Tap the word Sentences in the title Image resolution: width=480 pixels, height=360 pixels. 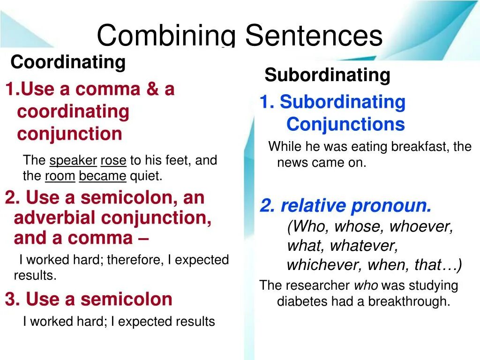tap(314, 36)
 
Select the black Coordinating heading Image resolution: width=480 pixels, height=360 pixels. tap(68, 62)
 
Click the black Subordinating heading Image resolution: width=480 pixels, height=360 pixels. tap(327, 75)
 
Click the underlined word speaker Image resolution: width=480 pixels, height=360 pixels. tap(73, 160)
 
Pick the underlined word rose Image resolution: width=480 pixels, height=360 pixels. tap(113, 160)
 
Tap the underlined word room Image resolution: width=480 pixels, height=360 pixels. tap(60, 176)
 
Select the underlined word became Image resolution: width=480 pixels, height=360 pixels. tap(103, 176)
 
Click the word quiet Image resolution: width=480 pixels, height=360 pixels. tap(146, 176)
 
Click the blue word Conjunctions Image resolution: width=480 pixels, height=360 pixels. tap(345, 124)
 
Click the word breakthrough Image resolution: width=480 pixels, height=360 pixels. tap(409, 301)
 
